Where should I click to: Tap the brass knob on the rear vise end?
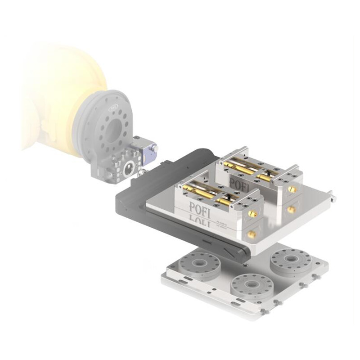coord(292,190)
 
